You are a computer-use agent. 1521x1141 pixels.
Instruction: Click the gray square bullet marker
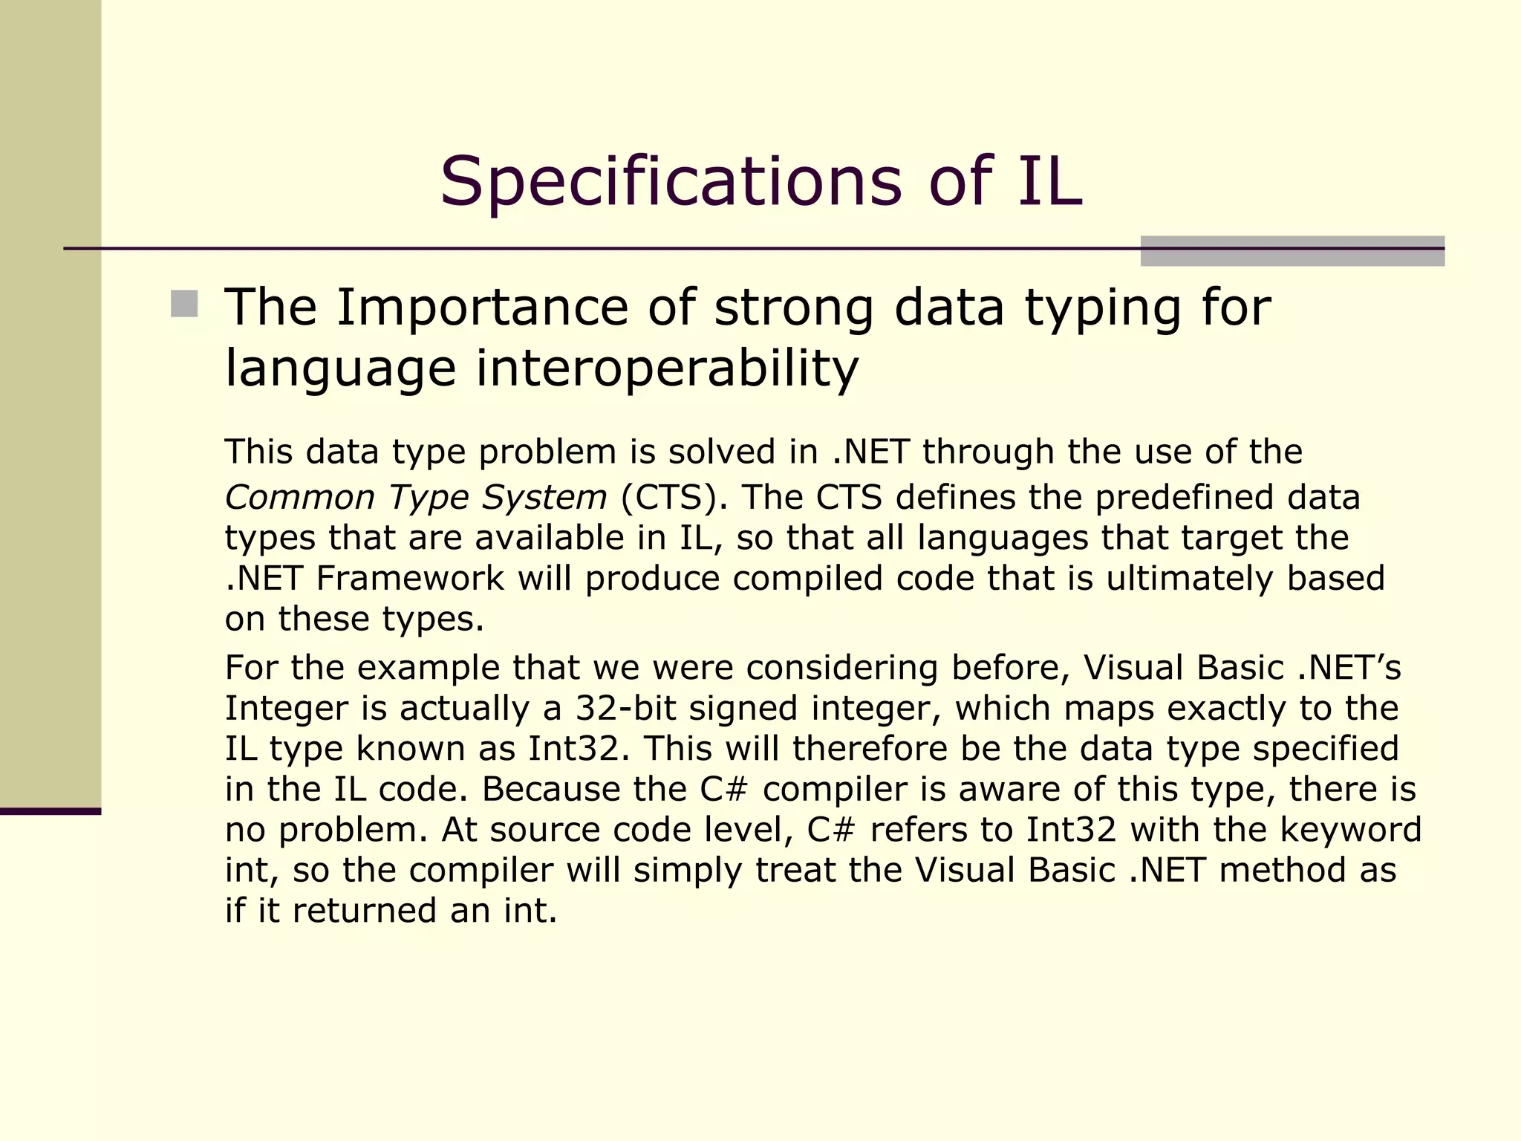184,304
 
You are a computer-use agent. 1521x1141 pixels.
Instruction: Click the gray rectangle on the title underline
1292,251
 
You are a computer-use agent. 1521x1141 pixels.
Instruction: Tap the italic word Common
300,497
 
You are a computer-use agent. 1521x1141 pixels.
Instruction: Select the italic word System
544,497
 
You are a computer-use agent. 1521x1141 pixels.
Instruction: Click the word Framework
410,578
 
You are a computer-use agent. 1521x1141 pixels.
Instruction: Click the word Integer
287,708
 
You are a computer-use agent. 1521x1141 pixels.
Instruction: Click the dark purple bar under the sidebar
51,811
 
